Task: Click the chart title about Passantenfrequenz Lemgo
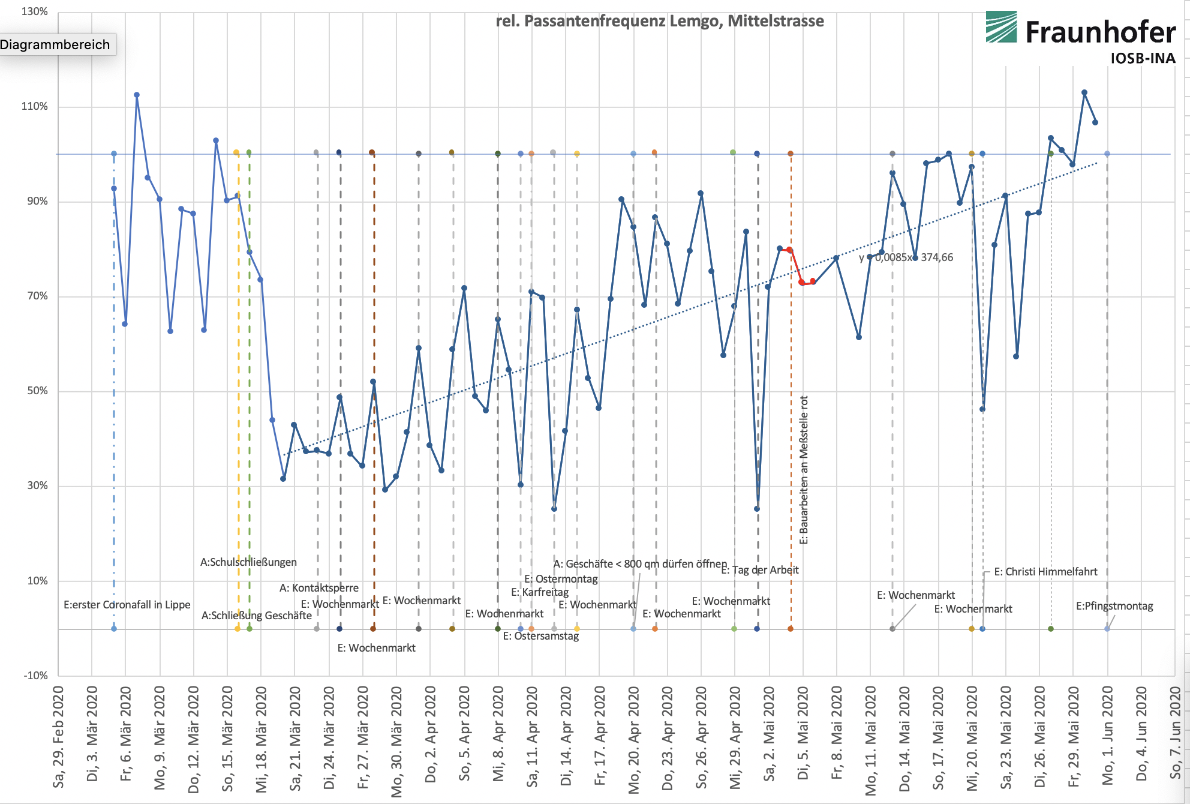tap(659, 21)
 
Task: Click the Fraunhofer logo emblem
tap(1001, 27)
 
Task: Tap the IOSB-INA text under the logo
tap(1142, 58)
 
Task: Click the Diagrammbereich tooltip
tap(55, 44)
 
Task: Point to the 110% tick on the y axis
tap(35, 107)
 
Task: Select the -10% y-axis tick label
tap(35, 676)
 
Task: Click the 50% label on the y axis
tap(37, 391)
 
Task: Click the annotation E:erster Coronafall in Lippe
tap(127, 605)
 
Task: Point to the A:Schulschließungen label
tap(248, 562)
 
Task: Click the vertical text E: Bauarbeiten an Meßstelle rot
tap(804, 470)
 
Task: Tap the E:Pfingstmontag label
tap(1114, 606)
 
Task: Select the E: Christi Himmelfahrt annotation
tap(1045, 572)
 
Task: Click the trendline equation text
tap(906, 257)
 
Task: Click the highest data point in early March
tap(137, 95)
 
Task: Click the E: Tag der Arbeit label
tap(759, 570)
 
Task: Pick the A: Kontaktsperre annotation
tap(319, 588)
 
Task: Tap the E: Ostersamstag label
tap(540, 636)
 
